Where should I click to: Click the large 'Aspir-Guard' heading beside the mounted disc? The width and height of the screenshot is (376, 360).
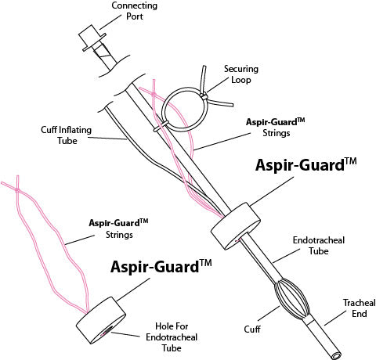pyautogui.click(x=306, y=167)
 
